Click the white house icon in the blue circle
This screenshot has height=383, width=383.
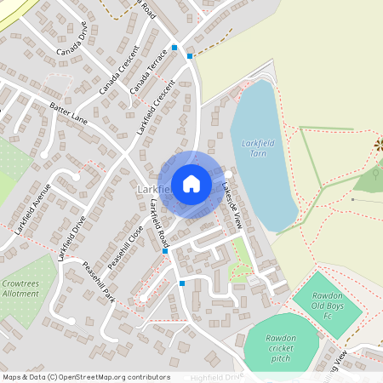191,183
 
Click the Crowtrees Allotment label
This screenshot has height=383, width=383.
20,288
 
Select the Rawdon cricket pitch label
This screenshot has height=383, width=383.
280,348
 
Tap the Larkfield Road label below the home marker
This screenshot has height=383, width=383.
159,224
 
